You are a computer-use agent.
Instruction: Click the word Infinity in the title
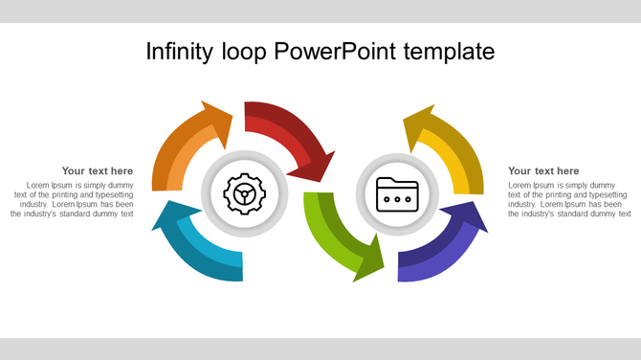[181, 51]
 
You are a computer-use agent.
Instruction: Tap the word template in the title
[448, 52]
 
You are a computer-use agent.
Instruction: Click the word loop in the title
[245, 51]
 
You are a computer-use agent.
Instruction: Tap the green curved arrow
[325, 235]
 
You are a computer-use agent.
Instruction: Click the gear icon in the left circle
[245, 194]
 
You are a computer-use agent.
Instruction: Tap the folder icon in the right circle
[397, 194]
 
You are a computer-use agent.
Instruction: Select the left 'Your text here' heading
[98, 171]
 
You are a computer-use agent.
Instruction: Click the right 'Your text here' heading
[543, 171]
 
